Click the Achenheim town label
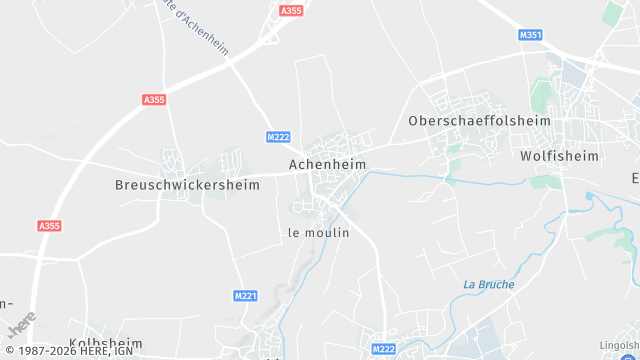click(327, 164)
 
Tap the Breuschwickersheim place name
click(188, 185)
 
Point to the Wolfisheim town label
click(559, 156)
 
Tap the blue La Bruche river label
click(489, 284)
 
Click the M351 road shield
click(530, 35)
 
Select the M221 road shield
click(245, 296)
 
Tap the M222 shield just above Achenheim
click(278, 136)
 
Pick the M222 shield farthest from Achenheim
click(383, 349)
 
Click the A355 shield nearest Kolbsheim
click(49, 226)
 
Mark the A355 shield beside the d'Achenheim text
click(291, 10)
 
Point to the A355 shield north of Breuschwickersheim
click(155, 99)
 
